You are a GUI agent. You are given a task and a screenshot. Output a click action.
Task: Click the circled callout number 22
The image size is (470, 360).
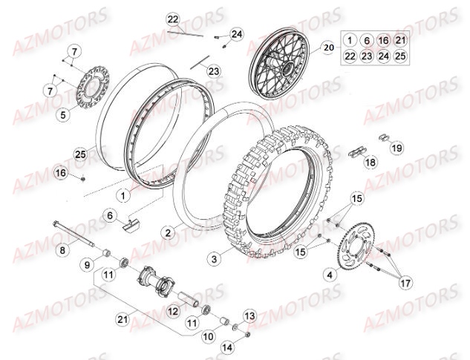point(173,19)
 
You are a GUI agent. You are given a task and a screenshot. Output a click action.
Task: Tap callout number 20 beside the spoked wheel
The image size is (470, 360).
point(328,47)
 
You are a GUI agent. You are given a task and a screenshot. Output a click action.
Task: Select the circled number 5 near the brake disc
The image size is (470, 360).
point(63,115)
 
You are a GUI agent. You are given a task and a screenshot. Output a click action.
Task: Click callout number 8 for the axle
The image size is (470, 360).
point(62,250)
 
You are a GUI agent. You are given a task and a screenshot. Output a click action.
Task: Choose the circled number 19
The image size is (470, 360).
point(396,148)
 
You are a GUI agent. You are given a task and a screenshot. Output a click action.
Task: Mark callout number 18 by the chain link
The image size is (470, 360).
point(371,162)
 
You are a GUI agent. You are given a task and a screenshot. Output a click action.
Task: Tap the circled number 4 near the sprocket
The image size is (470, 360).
point(330,275)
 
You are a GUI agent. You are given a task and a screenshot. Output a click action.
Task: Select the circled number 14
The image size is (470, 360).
point(226,345)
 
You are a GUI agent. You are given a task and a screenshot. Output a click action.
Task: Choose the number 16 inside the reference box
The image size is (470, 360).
point(384,40)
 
